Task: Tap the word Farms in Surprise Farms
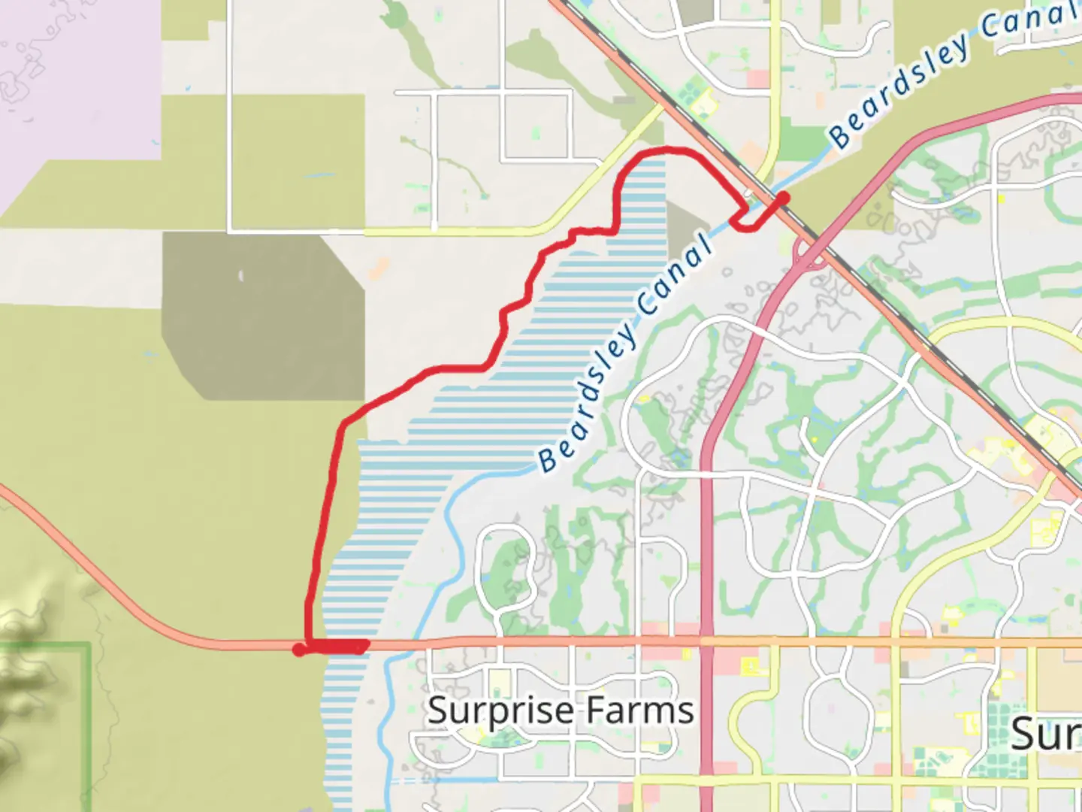click(640, 711)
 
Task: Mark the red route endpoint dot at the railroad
click(783, 198)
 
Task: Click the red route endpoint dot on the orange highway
click(299, 650)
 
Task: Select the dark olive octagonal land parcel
click(263, 316)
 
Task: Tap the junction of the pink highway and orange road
click(706, 642)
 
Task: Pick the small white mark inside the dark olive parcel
click(241, 277)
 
